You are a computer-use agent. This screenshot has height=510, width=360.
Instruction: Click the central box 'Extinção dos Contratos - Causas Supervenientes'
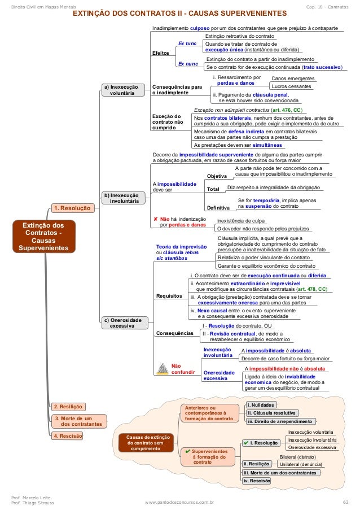tap(43, 237)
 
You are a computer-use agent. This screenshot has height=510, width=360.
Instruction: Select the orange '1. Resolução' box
tap(72, 209)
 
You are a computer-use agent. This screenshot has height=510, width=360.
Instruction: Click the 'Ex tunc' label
tap(187, 43)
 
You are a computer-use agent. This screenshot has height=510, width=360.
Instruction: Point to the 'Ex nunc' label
tap(187, 64)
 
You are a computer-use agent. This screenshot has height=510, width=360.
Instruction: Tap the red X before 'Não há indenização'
tap(156, 218)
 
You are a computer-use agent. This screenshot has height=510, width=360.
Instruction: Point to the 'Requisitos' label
tap(169, 296)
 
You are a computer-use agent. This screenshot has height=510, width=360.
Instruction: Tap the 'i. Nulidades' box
tap(261, 405)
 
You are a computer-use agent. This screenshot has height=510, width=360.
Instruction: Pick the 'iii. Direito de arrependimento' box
tap(279, 421)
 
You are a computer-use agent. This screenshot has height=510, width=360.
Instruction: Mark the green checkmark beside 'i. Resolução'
tap(245, 443)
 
